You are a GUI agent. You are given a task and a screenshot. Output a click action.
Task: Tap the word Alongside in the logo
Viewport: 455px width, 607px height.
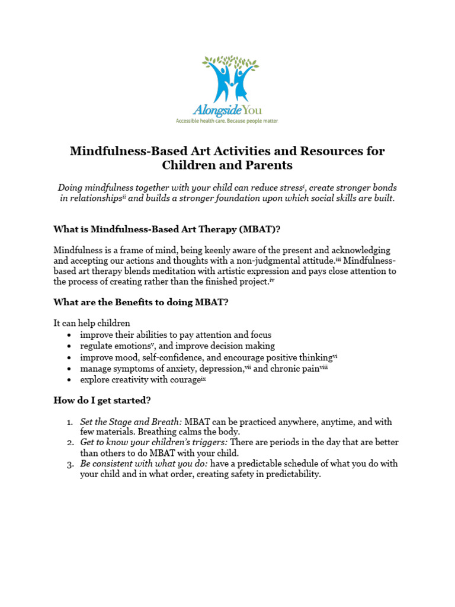pyautogui.click(x=213, y=110)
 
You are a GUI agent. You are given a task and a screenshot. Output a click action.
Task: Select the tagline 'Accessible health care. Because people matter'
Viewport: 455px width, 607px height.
pyautogui.click(x=226, y=120)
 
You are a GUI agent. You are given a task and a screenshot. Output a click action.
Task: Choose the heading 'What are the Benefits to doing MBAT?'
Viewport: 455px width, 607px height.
pyautogui.click(x=141, y=302)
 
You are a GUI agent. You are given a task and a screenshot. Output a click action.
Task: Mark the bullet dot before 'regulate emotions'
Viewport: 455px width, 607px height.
pyautogui.click(x=70, y=346)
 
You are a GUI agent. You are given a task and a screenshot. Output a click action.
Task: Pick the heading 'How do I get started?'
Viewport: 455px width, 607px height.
pyautogui.click(x=102, y=401)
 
